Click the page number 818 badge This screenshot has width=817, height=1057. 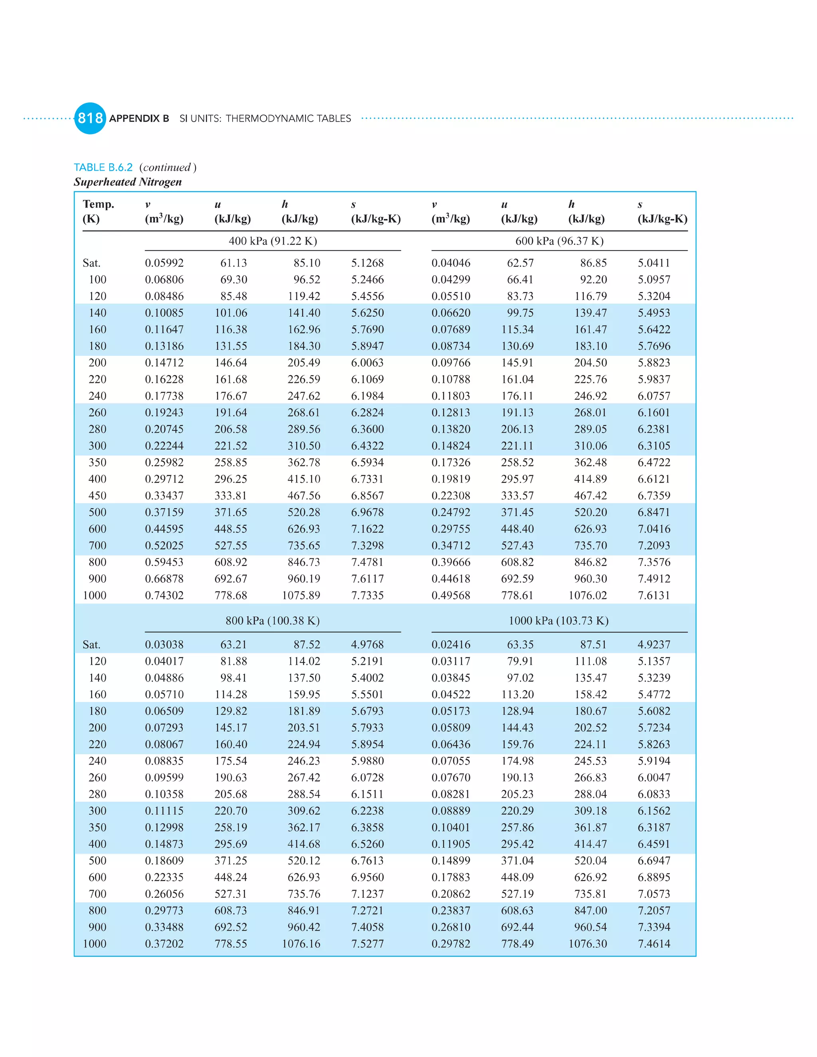[90, 118]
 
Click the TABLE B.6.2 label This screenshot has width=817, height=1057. [103, 168]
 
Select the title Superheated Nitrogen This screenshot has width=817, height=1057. [128, 182]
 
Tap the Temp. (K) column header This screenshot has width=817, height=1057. [98, 211]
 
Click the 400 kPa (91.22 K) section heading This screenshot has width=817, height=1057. [272, 241]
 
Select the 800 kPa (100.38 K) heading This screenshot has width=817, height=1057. [272, 621]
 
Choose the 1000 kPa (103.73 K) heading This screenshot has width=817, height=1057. [558, 621]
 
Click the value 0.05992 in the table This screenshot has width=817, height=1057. [164, 263]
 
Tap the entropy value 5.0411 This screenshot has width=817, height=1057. [653, 263]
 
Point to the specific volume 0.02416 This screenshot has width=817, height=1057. [451, 645]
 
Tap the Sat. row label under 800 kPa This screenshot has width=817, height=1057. [91, 645]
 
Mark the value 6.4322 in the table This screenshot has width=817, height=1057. [367, 446]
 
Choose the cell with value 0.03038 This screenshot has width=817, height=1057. [164, 645]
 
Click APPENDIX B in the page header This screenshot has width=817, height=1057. [139, 118]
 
